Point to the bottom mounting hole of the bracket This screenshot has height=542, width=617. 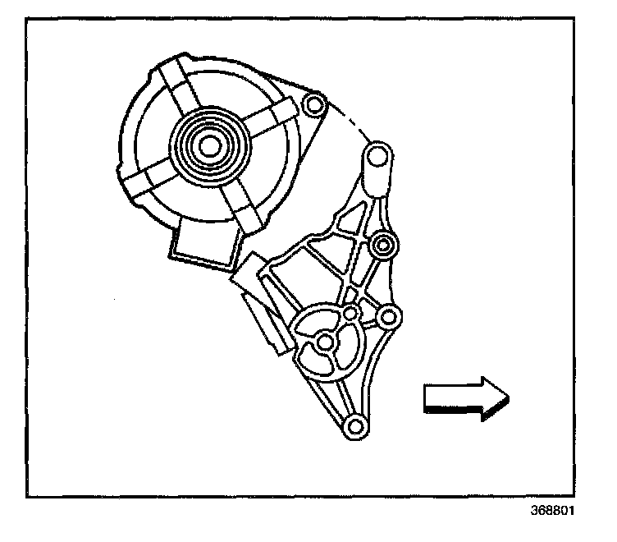354,425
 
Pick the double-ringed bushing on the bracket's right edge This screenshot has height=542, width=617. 382,244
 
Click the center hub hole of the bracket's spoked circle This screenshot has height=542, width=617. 325,341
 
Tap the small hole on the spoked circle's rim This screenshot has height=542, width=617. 350,314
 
